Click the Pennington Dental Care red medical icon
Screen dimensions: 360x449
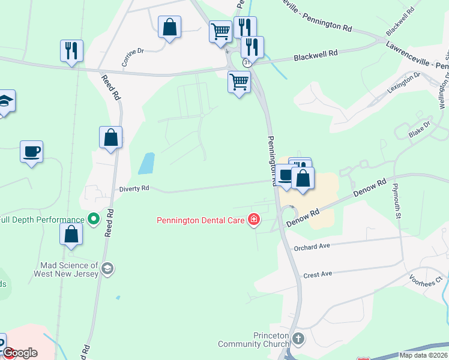point(254,220)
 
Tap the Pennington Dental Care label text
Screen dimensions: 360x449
point(200,220)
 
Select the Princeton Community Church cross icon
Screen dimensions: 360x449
point(299,339)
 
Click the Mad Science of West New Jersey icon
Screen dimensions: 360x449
point(107,268)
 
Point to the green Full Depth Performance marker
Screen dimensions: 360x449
point(94,220)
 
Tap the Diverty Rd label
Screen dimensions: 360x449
point(133,188)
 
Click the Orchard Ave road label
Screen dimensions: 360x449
point(312,247)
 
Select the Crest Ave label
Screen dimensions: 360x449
point(318,274)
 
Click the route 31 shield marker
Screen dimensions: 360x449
point(247,62)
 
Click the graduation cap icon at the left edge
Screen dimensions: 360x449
point(5,101)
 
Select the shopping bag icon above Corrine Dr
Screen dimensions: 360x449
point(170,27)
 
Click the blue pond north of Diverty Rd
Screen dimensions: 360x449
point(146,163)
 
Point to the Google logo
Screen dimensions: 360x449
point(20,353)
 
